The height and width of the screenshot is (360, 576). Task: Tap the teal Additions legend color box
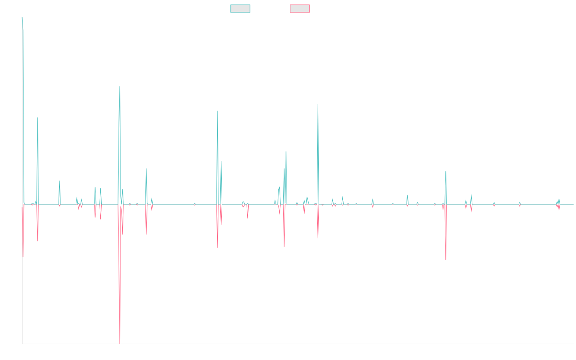coord(240,9)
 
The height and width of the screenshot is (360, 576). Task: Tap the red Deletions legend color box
coord(300,9)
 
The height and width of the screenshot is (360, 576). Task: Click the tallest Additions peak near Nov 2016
coord(120,86)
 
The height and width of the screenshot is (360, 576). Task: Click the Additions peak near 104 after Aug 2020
coord(318,105)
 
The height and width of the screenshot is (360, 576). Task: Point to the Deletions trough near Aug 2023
coord(446,260)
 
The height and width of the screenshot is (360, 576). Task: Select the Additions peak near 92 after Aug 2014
coord(37,118)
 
